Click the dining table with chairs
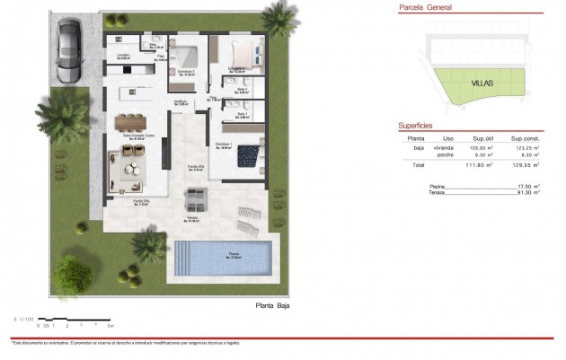click(132, 121)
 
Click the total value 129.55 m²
click(524, 166)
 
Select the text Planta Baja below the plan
click(273, 305)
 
